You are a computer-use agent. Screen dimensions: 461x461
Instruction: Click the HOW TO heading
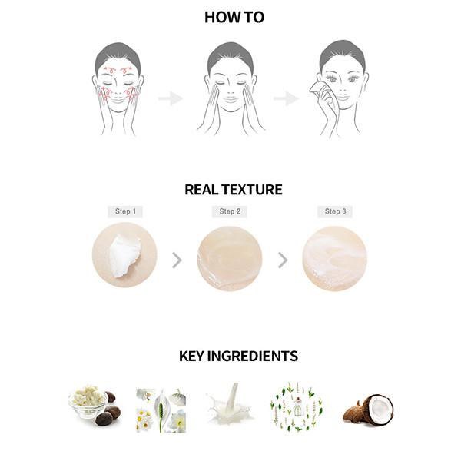pos(234,18)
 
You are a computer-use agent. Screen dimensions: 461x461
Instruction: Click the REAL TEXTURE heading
pos(234,190)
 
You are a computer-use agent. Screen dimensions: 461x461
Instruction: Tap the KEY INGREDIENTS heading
pos(238,356)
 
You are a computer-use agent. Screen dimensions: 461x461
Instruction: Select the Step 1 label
pos(125,211)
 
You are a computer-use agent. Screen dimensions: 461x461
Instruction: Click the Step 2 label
pos(230,211)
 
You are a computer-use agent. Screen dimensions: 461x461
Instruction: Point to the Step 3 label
pos(335,211)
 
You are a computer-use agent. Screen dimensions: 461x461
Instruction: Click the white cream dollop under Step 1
pos(124,256)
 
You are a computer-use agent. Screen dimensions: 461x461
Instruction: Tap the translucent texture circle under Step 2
pos(230,258)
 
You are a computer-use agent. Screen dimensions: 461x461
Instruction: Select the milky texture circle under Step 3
pos(335,258)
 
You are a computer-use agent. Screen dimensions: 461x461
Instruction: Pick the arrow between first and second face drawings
pos(171,98)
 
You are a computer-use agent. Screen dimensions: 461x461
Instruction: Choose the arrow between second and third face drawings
pos(286,98)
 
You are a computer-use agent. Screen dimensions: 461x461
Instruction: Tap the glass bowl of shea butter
pos(88,402)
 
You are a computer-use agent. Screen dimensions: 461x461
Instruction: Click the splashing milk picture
pos(229,405)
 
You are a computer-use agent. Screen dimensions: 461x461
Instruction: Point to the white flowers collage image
pos(161,410)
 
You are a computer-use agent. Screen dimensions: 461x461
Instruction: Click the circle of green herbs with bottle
pos(297,407)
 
